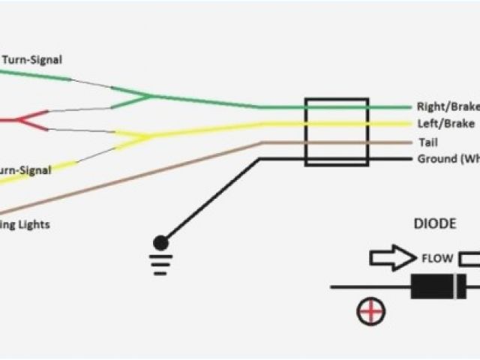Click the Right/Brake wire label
point(447,107)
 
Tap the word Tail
point(424,142)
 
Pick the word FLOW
point(436,259)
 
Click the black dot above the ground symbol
point(160,241)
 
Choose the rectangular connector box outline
point(336,131)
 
